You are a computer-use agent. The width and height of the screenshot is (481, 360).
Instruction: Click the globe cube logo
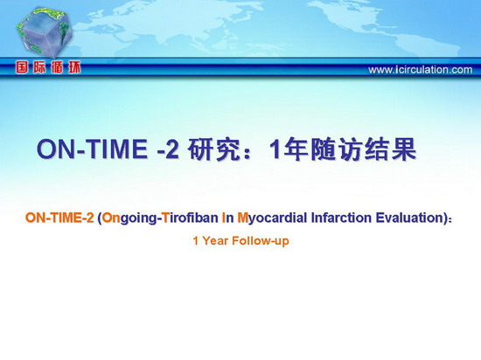coord(45,31)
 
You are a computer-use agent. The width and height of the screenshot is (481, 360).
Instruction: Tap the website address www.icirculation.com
coord(421,70)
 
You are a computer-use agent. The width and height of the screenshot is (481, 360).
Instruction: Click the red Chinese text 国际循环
coord(48,67)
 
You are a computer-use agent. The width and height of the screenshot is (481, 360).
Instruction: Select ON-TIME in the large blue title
coord(92,149)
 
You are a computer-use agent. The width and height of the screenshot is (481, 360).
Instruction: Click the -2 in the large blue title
coord(168,149)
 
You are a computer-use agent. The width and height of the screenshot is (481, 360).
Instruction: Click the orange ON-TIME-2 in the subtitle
coord(59,218)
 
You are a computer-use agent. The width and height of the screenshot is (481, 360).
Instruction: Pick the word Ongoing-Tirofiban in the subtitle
coord(160,218)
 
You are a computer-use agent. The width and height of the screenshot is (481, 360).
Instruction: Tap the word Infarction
coord(342,218)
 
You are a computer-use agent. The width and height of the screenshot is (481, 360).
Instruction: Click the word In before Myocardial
coord(227,218)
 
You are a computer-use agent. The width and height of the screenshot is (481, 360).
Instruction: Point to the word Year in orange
coord(215,241)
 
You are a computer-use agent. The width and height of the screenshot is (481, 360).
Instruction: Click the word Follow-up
coord(261,241)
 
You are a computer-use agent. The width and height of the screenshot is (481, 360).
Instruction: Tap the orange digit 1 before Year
coord(196,241)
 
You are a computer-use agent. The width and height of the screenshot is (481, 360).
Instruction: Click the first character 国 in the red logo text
coord(22,67)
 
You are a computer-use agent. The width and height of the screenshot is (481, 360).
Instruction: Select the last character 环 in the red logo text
coord(74,67)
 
